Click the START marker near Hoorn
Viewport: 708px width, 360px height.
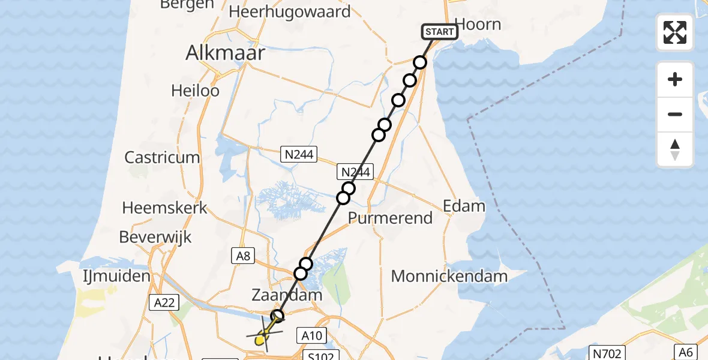tap(440, 32)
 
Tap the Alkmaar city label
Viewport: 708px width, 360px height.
tap(225, 53)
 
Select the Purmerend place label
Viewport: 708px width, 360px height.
tap(391, 218)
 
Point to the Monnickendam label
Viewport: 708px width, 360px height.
tap(449, 277)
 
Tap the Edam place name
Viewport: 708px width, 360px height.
tap(464, 206)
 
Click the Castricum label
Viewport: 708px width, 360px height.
tap(162, 158)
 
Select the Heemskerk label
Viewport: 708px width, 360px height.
tap(164, 208)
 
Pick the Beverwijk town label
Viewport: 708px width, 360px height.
tap(155, 237)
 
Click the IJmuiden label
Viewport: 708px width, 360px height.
tap(116, 277)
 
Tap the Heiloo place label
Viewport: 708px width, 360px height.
tap(195, 91)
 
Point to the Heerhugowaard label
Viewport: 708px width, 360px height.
tap(289, 11)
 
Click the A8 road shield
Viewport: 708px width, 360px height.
tap(243, 256)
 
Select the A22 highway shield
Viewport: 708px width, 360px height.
tap(164, 303)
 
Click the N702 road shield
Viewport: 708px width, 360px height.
tap(608, 353)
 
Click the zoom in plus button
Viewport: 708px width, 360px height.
tap(675, 79)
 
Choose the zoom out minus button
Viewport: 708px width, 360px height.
tap(675, 114)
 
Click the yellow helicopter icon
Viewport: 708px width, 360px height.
tap(263, 337)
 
